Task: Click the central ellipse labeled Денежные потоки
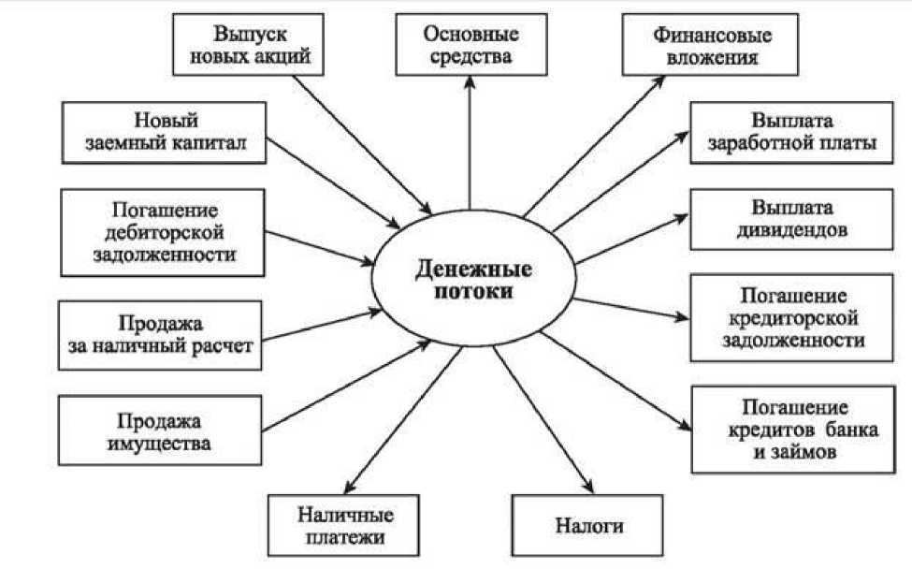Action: [x=473, y=279]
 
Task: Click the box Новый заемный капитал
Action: [x=166, y=132]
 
